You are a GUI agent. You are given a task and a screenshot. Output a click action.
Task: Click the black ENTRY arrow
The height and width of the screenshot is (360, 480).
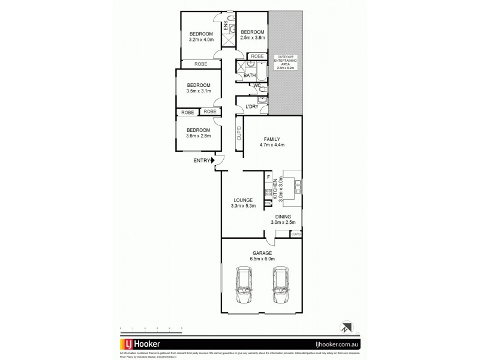coord(212,160)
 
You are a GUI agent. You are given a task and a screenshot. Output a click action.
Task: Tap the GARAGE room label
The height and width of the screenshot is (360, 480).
coord(262,253)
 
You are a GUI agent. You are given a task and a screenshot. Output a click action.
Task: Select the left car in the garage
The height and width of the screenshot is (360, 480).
coord(244,288)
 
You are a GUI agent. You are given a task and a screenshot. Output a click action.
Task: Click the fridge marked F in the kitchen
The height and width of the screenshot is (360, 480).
coord(268,178)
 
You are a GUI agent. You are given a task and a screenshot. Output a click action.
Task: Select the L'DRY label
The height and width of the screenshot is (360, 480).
coord(251,107)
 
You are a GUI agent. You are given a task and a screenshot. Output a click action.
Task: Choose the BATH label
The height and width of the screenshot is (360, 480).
coord(250,75)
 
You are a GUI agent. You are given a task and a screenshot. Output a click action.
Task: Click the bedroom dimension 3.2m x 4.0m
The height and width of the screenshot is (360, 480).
coord(201,40)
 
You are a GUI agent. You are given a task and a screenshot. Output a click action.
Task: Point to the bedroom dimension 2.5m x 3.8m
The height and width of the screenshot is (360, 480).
coord(252,38)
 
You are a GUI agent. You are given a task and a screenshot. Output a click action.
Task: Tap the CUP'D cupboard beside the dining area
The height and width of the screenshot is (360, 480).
coord(295,234)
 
